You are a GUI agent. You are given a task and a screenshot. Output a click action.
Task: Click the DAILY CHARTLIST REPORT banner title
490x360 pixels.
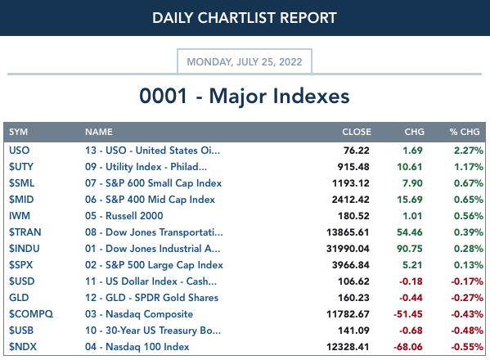click(245, 18)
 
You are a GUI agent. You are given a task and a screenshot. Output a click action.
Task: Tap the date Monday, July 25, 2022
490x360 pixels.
click(245, 62)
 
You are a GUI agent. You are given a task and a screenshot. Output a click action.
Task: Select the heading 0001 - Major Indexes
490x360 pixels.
click(245, 96)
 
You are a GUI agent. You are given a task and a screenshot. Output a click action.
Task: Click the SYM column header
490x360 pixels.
click(19, 132)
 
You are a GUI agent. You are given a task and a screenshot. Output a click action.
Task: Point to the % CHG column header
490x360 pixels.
click(465, 132)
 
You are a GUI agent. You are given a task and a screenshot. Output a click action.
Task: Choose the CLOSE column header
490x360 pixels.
click(357, 132)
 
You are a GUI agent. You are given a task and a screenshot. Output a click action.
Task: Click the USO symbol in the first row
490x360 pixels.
click(20, 151)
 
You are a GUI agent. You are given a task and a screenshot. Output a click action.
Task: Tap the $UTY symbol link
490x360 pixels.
click(21, 167)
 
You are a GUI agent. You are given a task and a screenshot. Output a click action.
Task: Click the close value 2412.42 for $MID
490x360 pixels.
click(350, 200)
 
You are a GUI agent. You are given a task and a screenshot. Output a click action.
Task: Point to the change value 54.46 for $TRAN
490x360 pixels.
click(409, 232)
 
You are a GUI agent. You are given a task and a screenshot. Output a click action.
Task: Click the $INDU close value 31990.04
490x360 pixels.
click(348, 249)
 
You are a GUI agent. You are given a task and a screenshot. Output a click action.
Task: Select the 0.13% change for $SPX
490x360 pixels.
click(469, 265)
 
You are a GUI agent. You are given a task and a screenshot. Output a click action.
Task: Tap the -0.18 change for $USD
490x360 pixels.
click(411, 281)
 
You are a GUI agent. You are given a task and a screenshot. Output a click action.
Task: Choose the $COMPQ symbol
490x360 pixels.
click(31, 313)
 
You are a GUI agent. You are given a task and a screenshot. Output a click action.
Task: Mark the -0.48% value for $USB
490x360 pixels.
click(467, 331)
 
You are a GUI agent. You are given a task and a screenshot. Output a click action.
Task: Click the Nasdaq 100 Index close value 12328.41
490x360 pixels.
click(348, 347)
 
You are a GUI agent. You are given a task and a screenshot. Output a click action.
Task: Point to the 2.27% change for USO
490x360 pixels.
click(469, 151)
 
